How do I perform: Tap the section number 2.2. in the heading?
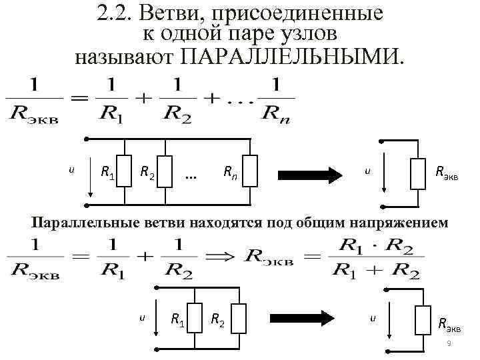(x=114, y=13)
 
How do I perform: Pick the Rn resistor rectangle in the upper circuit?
(x=250, y=171)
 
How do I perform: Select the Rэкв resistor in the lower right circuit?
(x=422, y=319)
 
